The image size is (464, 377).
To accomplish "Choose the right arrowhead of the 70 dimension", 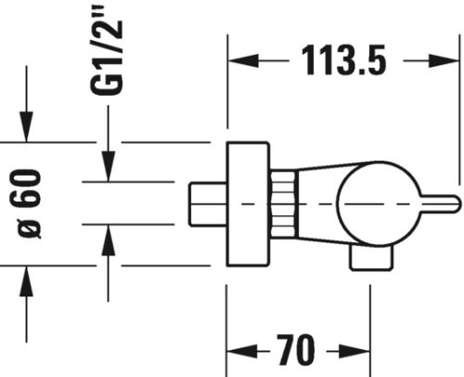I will tap(363, 353).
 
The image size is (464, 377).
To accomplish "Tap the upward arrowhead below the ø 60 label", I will tap(29, 275).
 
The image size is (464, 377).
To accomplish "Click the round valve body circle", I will tap(367, 202).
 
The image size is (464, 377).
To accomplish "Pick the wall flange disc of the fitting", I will tap(250, 202).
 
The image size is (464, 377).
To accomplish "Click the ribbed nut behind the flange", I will tap(283, 202).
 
